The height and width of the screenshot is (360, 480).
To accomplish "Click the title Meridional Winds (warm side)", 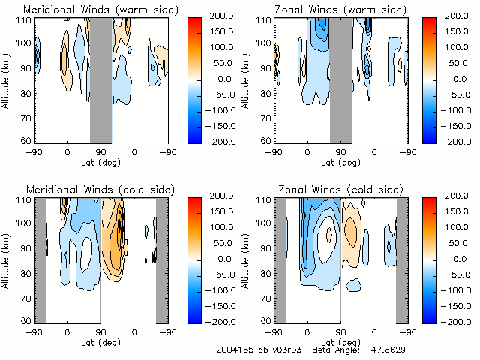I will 89,10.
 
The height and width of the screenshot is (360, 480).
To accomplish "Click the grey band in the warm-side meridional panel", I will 100,79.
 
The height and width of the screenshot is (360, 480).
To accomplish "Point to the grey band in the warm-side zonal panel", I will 340,79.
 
